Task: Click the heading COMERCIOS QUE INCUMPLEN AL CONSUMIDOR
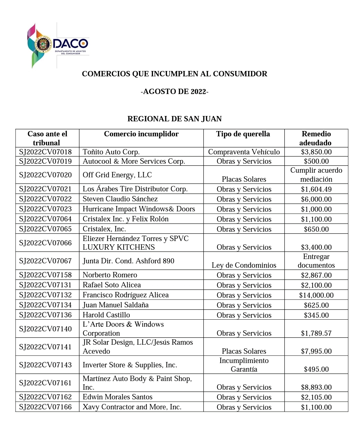(x=174, y=74)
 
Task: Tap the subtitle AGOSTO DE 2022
(x=174, y=92)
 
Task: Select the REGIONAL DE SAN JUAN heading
(x=174, y=119)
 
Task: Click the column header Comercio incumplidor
(x=141, y=134)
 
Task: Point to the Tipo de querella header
(x=243, y=134)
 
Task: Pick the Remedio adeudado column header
(x=316, y=138)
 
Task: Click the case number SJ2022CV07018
(x=45, y=152)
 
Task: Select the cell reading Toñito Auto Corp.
(x=111, y=152)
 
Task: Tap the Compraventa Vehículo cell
(x=244, y=152)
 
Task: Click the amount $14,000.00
(x=316, y=295)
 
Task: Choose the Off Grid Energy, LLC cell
(x=117, y=175)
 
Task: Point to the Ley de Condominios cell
(x=244, y=265)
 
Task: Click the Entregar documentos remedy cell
(x=316, y=261)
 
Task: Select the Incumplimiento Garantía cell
(x=244, y=365)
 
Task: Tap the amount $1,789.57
(x=316, y=333)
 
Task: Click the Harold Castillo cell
(x=106, y=315)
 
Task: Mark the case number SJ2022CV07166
(x=45, y=407)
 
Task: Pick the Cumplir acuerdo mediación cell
(x=316, y=175)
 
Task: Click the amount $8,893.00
(x=316, y=387)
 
